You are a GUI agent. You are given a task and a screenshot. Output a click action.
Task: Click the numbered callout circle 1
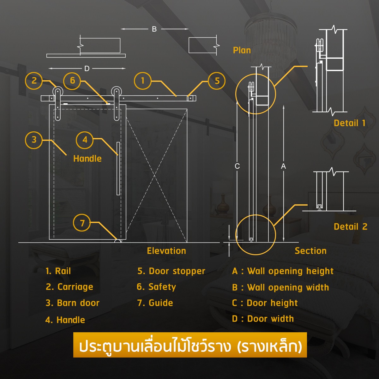142,81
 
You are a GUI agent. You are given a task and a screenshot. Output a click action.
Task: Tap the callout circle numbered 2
34,81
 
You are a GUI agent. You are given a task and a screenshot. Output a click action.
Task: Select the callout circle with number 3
34,140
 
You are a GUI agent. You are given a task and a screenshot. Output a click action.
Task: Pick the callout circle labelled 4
85,140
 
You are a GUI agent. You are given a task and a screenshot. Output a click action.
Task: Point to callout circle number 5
217,81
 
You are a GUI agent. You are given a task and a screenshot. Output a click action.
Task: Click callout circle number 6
72,81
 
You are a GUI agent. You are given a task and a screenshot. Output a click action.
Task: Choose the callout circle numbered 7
82,223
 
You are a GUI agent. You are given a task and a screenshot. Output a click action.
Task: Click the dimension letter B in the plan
154,29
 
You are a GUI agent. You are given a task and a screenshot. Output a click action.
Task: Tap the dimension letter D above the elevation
87,69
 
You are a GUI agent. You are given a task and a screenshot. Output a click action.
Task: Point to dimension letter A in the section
283,166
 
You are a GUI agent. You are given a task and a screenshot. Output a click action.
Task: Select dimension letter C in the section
237,166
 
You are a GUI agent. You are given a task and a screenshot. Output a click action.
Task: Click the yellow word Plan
242,50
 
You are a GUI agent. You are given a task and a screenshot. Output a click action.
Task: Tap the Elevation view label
166,251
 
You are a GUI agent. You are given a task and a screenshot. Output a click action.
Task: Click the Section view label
310,251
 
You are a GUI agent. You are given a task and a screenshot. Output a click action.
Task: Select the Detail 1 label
350,123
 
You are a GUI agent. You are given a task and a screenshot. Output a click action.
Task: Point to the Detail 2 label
351,226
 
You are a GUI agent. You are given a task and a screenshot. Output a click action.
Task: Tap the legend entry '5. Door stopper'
171,271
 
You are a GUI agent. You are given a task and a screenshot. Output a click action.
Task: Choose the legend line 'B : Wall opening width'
280,287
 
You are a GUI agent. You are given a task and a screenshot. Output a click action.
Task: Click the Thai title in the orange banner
190,346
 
